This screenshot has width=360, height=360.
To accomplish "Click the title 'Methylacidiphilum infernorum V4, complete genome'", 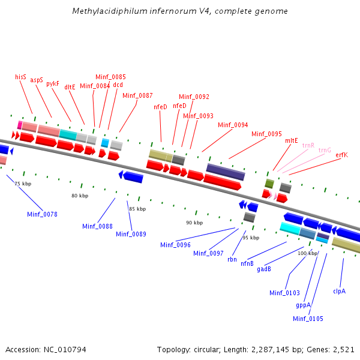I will tap(179, 11).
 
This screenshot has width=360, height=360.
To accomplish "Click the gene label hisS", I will tap(20, 77).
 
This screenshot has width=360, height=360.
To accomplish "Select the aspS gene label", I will tap(37, 80).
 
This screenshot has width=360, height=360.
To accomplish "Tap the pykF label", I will tap(53, 84).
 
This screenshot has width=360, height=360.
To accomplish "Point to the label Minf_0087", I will tap(137, 95).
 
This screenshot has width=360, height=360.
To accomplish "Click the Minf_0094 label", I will tap(233, 125).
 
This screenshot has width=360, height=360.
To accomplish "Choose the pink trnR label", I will tap(308, 145).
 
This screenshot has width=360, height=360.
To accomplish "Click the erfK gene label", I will tap(341, 155).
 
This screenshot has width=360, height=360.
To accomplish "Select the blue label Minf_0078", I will tap(42, 214).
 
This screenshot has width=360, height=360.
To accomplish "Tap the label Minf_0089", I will tap(131, 234).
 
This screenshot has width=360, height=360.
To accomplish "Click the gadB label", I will tap(264, 269).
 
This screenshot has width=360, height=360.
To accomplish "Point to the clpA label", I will tap(340, 291).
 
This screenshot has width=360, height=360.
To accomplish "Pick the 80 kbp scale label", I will tap(80, 196).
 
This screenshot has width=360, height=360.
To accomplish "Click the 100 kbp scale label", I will tap(307, 253).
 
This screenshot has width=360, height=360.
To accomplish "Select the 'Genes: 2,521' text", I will tap(334, 349).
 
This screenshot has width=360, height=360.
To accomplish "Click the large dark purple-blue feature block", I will tap(226, 172).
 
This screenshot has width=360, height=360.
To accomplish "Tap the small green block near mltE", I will tap(270, 183).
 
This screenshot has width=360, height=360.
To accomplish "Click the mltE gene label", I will tap(292, 140).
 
